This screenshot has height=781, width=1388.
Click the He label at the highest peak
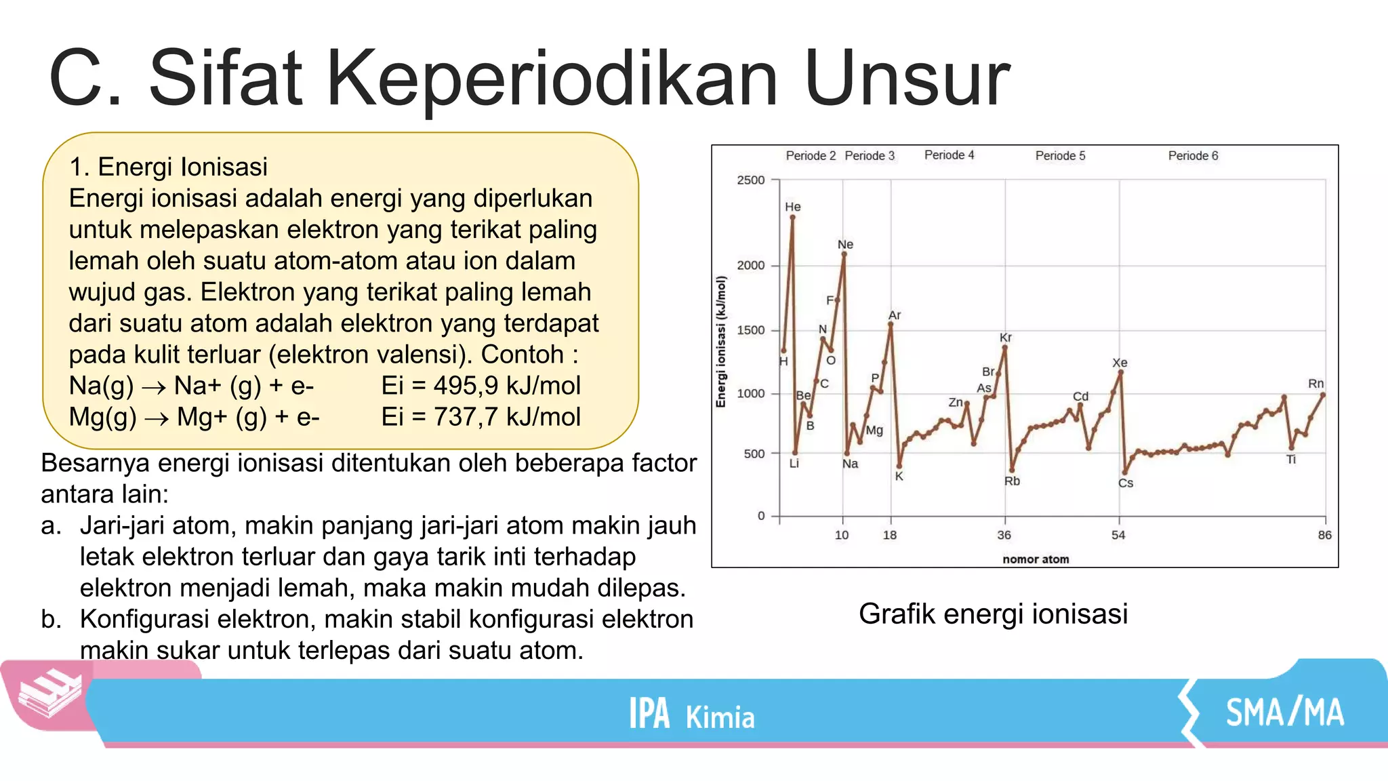click(792, 207)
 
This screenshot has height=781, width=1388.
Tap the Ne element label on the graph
click(845, 245)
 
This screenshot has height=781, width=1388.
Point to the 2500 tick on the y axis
click(750, 180)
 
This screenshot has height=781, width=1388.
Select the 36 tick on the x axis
click(1004, 535)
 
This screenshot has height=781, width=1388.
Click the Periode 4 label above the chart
click(949, 155)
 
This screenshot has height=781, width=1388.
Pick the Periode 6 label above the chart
click(1193, 156)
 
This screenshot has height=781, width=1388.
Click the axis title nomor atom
click(1036, 559)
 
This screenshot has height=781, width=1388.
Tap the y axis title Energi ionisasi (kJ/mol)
click(721, 342)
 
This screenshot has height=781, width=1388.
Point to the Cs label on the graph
click(1125, 483)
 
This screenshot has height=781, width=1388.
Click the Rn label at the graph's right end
click(1315, 384)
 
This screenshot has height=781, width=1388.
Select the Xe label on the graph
click(1120, 363)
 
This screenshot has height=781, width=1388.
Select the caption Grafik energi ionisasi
click(993, 614)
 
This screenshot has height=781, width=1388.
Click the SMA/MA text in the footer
click(1284, 713)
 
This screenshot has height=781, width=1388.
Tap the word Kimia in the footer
click(720, 717)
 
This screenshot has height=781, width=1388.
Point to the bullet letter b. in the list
click(52, 619)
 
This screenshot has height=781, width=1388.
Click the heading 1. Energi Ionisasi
click(168, 167)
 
